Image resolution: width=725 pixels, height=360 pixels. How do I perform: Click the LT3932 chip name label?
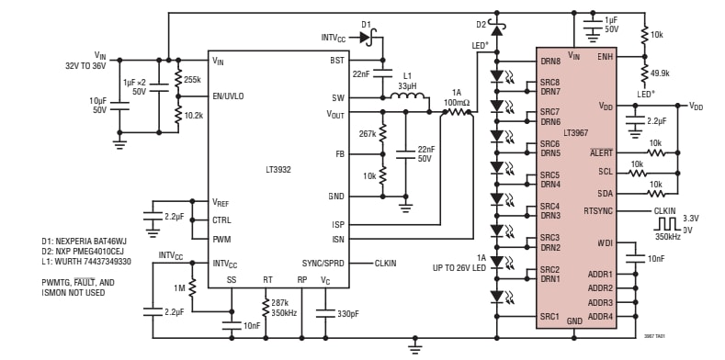[278, 170]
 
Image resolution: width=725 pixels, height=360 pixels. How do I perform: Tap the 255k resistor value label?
[191, 80]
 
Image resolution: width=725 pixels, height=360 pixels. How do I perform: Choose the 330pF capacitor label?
[346, 314]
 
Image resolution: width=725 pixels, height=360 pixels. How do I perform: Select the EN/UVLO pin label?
[229, 96]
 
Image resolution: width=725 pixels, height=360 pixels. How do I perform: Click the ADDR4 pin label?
[600, 316]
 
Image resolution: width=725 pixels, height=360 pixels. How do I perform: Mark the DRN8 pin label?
[551, 62]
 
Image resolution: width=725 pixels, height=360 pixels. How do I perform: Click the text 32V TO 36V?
[87, 66]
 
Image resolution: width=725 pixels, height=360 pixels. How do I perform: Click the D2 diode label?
[481, 23]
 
